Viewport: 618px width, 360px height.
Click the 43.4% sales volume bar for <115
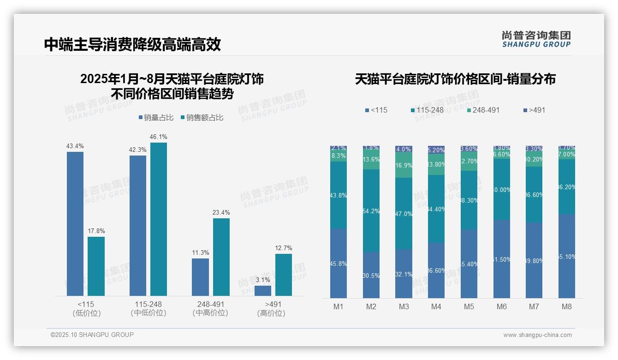[75, 223]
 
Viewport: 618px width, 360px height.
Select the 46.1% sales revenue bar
[159, 219]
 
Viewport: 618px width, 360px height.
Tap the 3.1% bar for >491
[263, 291]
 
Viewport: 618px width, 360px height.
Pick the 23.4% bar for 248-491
[221, 257]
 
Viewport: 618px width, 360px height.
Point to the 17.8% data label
[96, 231]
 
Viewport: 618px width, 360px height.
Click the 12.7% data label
[284, 248]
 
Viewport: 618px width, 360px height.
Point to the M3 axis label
[404, 306]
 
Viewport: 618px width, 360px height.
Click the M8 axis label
[567, 306]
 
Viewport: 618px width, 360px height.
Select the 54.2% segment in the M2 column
[371, 210]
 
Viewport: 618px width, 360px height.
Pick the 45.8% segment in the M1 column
[339, 263]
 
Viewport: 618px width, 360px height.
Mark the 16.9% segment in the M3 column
[404, 165]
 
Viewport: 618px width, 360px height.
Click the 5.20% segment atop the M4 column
[436, 150]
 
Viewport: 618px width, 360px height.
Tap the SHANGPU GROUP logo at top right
[536, 39]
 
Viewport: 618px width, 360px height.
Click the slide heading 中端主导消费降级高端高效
[132, 44]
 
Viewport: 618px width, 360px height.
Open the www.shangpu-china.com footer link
[537, 335]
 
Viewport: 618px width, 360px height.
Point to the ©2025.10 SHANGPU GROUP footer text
[92, 335]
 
